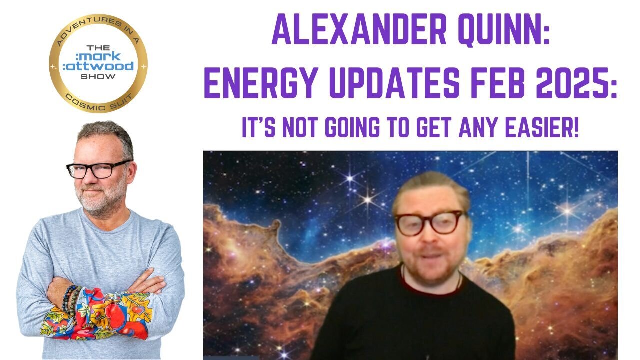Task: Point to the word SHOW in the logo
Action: (x=98, y=76)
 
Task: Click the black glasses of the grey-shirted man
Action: (x=98, y=169)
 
